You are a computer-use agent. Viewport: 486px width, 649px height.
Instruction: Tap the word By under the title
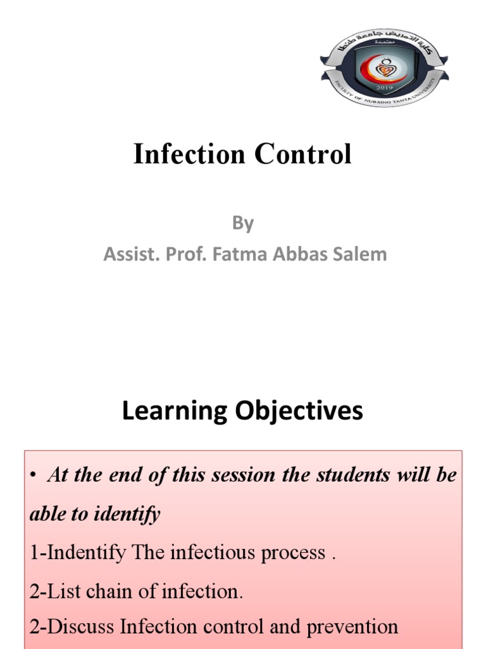pos(242,223)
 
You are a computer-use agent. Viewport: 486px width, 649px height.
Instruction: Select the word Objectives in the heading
pos(299,411)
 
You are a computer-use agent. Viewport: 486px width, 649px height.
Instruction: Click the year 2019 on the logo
pos(384,86)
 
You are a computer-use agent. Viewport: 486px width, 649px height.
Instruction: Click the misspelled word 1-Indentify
pos(78,553)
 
